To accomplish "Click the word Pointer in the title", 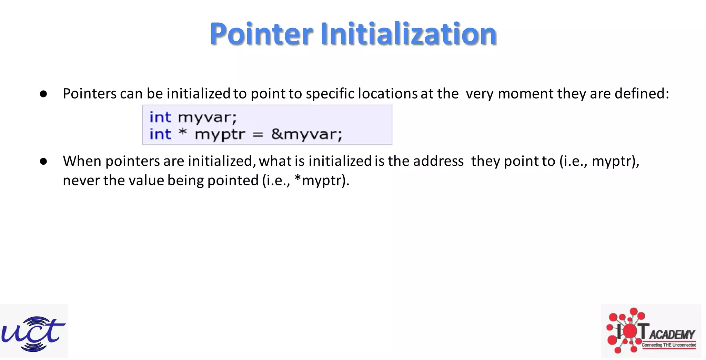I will [261, 34].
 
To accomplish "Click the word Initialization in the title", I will [409, 34].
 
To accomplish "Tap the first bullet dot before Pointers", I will [43, 94].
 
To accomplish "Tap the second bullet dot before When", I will [43, 161].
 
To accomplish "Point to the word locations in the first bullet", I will [388, 94].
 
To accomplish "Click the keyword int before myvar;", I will [160, 117].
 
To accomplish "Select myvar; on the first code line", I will [207, 118].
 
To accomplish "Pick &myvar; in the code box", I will [306, 134].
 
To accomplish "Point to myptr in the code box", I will [220, 134].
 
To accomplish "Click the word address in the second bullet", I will [438, 161].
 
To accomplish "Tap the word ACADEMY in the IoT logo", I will [672, 335].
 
